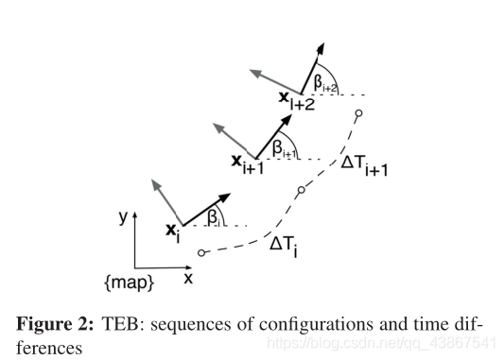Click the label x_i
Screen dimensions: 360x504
[172, 231]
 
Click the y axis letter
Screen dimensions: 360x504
[124, 216]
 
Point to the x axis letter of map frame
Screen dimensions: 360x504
[188, 278]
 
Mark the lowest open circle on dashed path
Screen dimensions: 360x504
[202, 252]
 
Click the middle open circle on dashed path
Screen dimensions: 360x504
[301, 190]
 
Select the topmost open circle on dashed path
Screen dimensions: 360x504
[357, 113]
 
